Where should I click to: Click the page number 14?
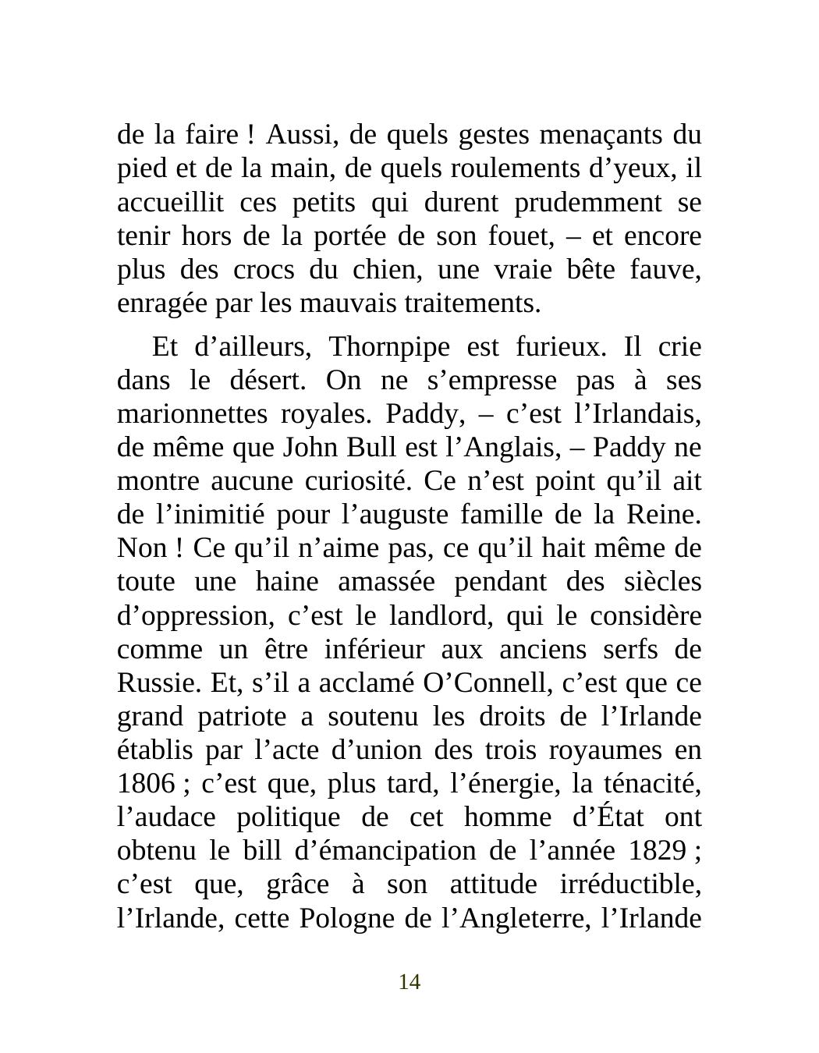pyautogui.click(x=409, y=982)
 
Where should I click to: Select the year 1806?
pyautogui.click(x=146, y=784)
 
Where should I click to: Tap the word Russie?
pyautogui.click(x=158, y=683)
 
